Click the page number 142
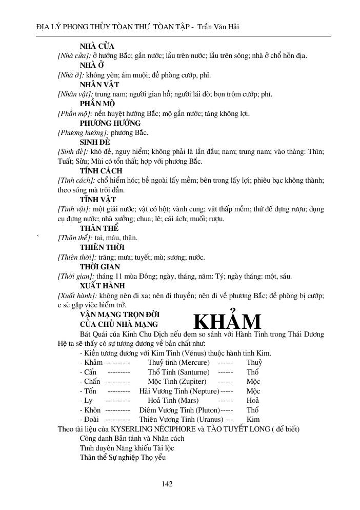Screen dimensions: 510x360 click(167, 483)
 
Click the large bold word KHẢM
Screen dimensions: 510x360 click(227, 322)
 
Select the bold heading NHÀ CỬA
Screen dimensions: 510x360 click(97, 46)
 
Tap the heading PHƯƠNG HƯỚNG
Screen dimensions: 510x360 click(110, 123)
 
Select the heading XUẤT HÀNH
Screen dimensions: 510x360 click(103, 286)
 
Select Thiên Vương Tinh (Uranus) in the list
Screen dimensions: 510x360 click(177, 419)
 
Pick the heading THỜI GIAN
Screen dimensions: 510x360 click(99, 267)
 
